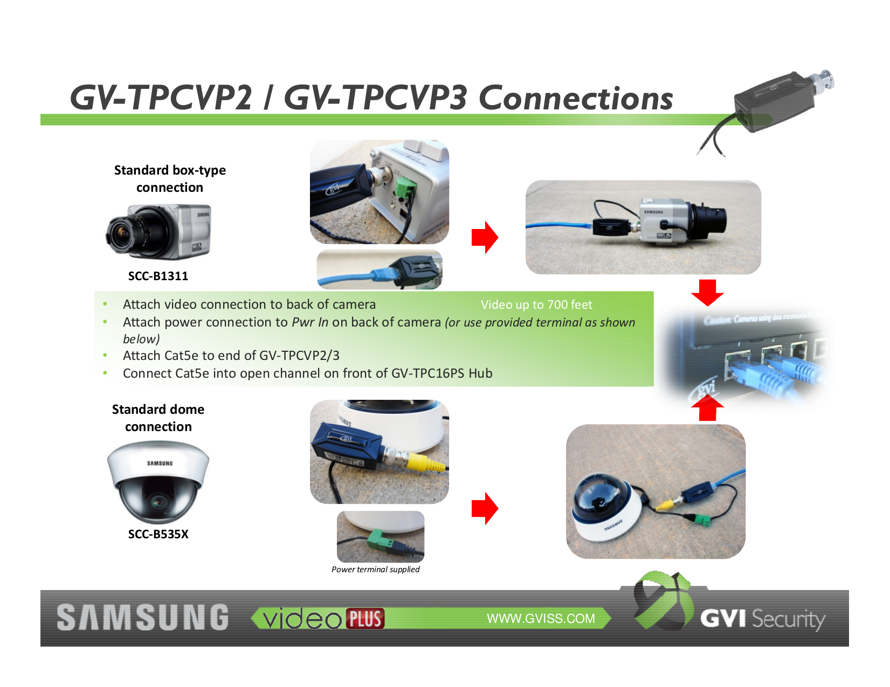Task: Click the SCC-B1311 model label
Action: click(158, 276)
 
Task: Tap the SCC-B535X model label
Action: click(158, 534)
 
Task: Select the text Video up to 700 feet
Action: click(536, 304)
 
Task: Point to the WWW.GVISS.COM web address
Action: click(541, 619)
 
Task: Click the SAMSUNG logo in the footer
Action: click(143, 617)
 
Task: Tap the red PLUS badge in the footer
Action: click(365, 619)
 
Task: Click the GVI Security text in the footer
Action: click(762, 619)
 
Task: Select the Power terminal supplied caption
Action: click(375, 570)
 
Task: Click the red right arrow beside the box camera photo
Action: click(485, 237)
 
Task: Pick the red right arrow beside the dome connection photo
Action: click(485, 508)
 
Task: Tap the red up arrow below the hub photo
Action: click(707, 408)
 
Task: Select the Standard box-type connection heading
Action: click(170, 179)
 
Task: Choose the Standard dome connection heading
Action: click(158, 418)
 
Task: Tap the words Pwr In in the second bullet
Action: click(310, 322)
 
